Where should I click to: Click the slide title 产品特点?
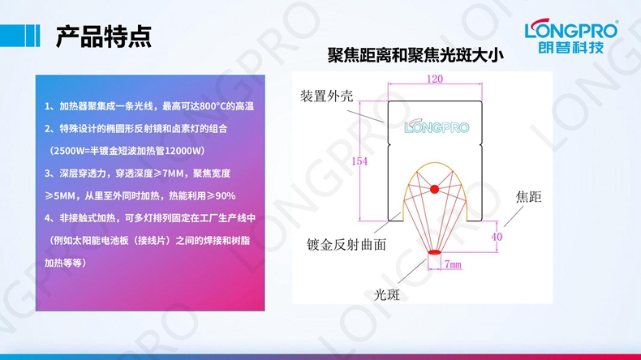[x=103, y=36]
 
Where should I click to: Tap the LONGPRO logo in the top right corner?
[x=570, y=30]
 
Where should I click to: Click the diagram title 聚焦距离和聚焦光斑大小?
[x=415, y=56]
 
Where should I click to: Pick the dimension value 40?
[x=497, y=237]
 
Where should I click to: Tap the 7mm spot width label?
[x=453, y=264]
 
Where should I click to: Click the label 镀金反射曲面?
[x=346, y=243]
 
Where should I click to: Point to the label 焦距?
[x=528, y=197]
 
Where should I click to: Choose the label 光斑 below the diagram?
[x=387, y=294]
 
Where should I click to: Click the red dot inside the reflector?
[x=434, y=189]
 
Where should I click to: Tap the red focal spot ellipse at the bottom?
[x=434, y=253]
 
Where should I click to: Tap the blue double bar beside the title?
[x=32, y=36]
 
